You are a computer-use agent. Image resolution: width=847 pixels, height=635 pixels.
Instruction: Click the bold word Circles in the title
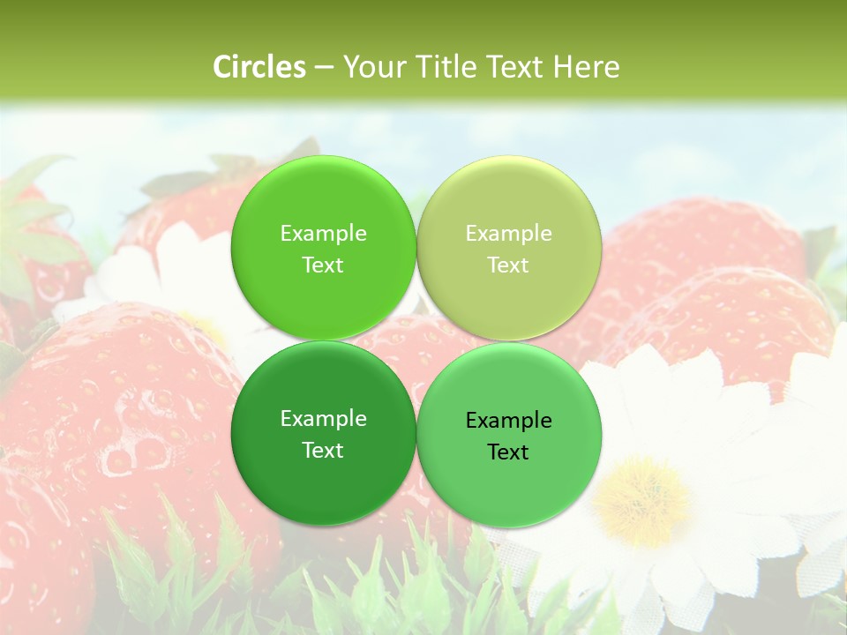[x=259, y=67]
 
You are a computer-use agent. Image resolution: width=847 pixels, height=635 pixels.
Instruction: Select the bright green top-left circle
[x=323, y=249]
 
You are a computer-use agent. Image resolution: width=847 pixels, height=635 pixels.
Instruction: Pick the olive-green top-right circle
[x=508, y=249]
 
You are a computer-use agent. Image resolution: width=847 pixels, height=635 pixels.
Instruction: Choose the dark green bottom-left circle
[x=323, y=434]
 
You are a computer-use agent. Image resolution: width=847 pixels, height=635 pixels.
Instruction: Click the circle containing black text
[x=508, y=436]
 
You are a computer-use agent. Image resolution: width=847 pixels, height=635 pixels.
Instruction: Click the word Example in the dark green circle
[x=323, y=419]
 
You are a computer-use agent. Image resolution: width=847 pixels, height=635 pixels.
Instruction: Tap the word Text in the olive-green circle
[x=508, y=265]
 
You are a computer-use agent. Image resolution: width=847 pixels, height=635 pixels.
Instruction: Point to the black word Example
[x=508, y=421]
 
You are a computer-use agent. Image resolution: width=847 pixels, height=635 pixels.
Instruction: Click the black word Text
[x=508, y=452]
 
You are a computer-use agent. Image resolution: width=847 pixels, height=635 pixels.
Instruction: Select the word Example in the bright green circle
[x=323, y=234]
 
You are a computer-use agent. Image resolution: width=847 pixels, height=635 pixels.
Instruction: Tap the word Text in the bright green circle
[x=323, y=265]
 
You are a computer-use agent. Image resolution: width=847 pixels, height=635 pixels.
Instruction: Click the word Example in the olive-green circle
[x=508, y=234]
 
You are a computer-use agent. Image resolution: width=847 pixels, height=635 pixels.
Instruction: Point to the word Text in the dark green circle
[x=323, y=451]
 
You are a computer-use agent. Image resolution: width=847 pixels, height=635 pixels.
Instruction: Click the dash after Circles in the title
[x=324, y=68]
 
